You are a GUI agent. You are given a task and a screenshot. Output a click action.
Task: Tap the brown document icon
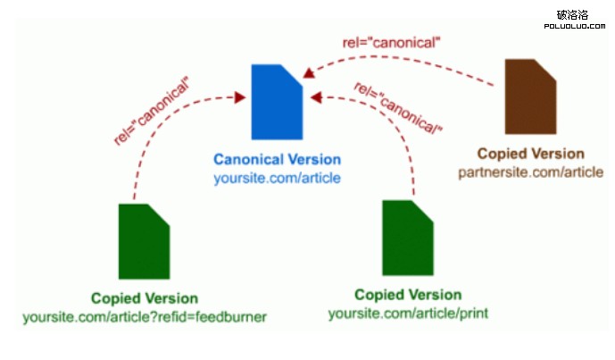click(x=530, y=96)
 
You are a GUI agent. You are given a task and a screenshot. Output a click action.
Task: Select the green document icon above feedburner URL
click(x=144, y=241)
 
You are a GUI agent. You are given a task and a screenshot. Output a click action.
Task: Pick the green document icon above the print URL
click(x=407, y=239)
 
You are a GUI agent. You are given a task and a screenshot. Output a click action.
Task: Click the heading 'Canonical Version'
click(x=277, y=160)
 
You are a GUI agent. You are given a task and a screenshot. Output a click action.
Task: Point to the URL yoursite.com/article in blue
click(x=277, y=178)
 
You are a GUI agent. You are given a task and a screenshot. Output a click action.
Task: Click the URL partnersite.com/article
click(x=530, y=171)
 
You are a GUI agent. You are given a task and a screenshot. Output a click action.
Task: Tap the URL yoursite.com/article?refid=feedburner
click(x=145, y=316)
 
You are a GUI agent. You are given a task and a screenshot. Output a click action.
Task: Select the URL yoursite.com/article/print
click(x=408, y=313)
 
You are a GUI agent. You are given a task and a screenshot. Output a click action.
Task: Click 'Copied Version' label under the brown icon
click(x=530, y=154)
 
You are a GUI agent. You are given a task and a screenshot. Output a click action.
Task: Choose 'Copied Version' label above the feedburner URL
click(x=145, y=298)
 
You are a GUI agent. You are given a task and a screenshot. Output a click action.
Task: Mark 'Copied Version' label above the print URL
click(x=408, y=295)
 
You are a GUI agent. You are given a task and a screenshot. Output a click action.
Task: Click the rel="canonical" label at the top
click(x=392, y=41)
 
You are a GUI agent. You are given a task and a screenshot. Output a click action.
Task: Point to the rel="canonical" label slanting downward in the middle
click(x=399, y=108)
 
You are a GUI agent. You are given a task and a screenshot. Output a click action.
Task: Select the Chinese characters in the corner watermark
click(x=572, y=14)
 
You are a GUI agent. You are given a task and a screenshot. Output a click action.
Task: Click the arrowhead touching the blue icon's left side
click(x=240, y=97)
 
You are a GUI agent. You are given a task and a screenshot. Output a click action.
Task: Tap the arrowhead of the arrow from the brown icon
click(x=309, y=71)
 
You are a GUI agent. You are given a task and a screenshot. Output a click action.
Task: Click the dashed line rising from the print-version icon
click(x=411, y=161)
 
